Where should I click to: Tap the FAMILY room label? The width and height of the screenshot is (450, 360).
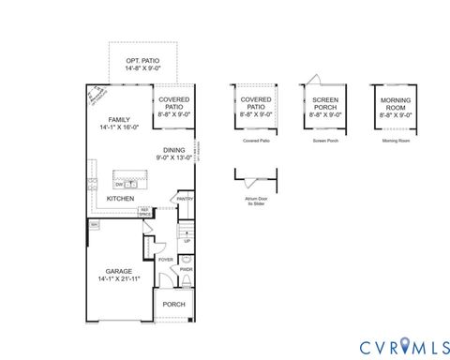(119, 119)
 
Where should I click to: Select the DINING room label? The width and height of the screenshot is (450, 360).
(174, 149)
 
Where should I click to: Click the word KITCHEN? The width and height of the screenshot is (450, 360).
(120, 199)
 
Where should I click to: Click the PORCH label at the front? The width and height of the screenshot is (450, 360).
(174, 304)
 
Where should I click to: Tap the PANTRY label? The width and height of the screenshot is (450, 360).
(185, 198)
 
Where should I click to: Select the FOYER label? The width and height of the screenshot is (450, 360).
(165, 259)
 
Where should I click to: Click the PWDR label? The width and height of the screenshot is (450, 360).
(186, 269)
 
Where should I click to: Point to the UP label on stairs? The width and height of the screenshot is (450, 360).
(187, 241)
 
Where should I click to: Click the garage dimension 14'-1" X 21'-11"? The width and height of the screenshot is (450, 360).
(119, 279)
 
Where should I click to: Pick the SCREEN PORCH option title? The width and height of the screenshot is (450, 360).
(325, 102)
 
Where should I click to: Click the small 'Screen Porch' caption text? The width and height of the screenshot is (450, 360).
(325, 141)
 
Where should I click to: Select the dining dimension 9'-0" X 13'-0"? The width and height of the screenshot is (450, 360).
(174, 157)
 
